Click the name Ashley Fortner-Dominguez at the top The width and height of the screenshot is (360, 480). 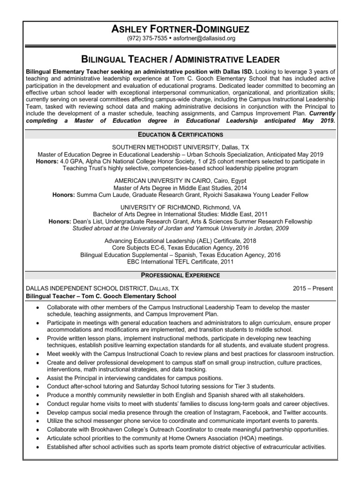click(180, 30)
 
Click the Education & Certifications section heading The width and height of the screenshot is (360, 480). click(180, 135)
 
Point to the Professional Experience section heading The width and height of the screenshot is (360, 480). click(180, 275)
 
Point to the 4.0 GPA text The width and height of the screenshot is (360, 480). click(76, 161)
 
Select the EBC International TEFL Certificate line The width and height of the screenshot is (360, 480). click(180, 262)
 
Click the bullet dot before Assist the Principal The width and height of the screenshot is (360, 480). click(38, 378)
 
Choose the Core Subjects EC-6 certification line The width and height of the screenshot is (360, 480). click(180, 247)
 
